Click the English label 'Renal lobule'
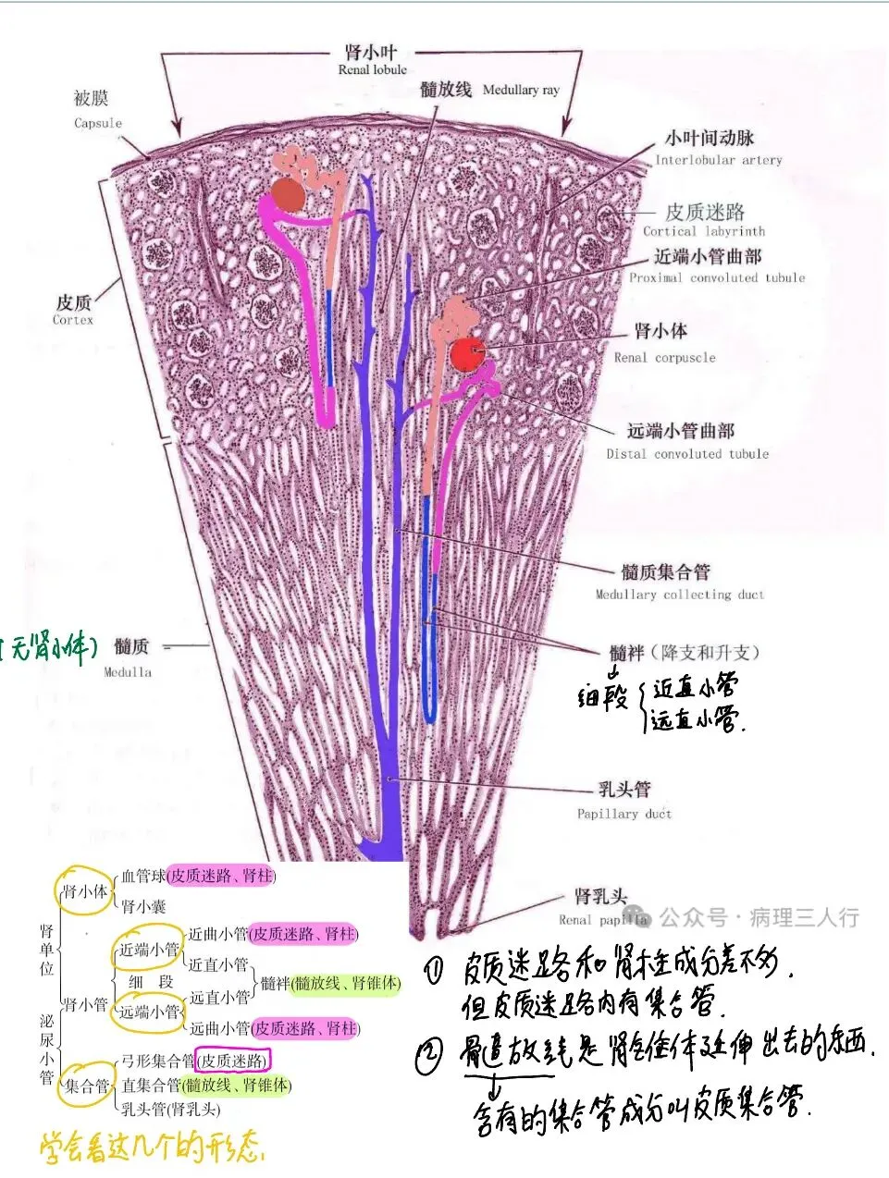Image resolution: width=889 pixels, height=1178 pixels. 372,69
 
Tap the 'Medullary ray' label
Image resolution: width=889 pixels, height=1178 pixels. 521,90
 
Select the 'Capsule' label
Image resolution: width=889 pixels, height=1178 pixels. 98,123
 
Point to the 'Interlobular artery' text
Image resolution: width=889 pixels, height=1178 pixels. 719,160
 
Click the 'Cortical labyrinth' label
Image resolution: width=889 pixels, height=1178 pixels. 704,231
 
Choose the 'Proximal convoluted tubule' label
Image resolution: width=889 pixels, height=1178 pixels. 717,277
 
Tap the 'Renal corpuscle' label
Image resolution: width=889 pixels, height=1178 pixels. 664,357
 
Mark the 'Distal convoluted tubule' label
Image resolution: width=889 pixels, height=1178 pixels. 687,454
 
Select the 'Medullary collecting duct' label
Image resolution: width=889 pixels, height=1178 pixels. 680,595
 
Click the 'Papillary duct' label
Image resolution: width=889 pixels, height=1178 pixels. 624,814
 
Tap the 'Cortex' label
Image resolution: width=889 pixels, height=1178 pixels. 73,320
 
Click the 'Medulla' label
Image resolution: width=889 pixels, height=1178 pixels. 128,672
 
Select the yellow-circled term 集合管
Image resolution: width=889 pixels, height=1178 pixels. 87,1086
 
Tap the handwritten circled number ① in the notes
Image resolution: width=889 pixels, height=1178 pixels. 436,970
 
